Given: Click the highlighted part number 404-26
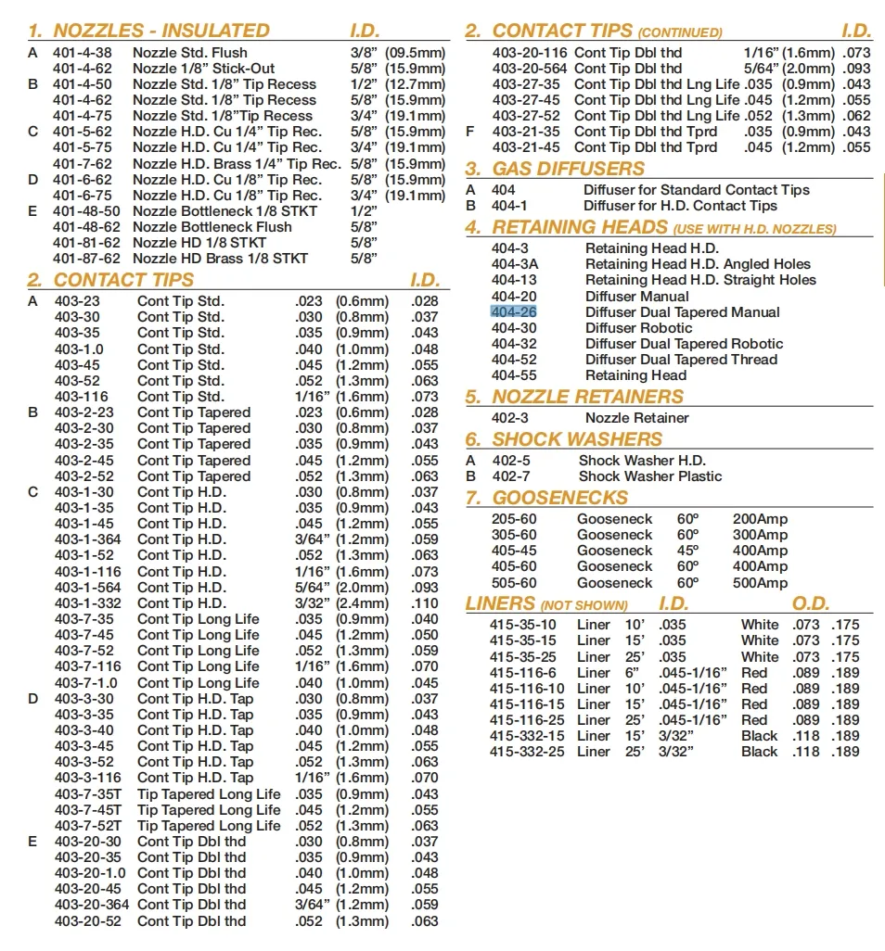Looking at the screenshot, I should coord(514,312).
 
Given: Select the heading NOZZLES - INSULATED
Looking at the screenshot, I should coord(161,31).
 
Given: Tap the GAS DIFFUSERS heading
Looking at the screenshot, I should coord(568,169).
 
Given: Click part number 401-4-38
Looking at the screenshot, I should coord(83,53).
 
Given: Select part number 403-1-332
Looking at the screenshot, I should coord(88,603).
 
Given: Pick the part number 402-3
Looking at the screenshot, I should coord(510,418).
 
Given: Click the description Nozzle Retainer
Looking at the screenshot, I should coord(637,418).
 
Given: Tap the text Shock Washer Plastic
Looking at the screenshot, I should coord(650,476).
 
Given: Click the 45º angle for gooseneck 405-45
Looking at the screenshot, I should coord(687,551).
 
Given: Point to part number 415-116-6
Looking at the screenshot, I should coord(523,673).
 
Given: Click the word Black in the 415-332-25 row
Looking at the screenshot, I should coord(760,752).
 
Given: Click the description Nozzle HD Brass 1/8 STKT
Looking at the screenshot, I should coord(220,259).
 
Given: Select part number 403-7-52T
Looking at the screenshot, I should coord(88,826).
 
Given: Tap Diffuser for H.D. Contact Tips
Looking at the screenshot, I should coord(681,206).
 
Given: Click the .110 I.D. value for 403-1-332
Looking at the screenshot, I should coord(425,603).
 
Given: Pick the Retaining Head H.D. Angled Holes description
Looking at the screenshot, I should coord(698,264).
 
